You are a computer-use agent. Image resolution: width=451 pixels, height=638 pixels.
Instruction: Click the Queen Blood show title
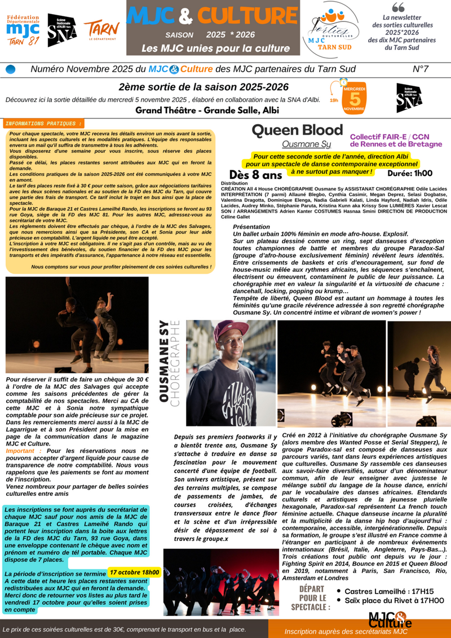(297, 130)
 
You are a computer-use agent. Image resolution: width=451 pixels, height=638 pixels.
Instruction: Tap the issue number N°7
(421, 69)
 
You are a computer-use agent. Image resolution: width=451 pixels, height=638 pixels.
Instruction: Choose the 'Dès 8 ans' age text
(255, 175)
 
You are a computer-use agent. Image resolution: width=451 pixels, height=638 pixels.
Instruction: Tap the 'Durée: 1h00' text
(410, 174)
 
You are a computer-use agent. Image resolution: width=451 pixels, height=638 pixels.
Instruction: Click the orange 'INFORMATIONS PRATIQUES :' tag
(43, 123)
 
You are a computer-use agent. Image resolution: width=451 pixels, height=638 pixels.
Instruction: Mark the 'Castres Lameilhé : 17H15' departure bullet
(385, 591)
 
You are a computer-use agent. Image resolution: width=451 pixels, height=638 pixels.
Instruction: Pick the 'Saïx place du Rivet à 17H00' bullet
(394, 601)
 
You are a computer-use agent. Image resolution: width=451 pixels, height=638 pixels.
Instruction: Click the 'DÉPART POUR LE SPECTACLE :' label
(311, 598)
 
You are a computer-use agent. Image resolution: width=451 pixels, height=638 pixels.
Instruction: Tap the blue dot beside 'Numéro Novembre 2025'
(10, 69)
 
